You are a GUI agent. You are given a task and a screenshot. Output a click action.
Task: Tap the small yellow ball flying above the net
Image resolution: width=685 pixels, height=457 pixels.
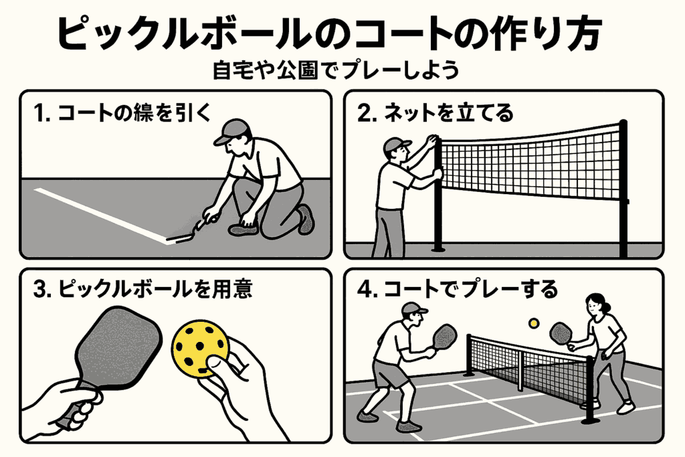(x=533, y=323)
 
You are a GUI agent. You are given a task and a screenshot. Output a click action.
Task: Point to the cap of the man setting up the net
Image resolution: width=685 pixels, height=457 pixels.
(x=395, y=145)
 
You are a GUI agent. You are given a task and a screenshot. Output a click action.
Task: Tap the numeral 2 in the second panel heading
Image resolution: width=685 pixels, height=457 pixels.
(x=364, y=114)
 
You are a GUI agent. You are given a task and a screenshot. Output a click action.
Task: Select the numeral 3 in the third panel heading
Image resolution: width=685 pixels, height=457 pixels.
(x=39, y=290)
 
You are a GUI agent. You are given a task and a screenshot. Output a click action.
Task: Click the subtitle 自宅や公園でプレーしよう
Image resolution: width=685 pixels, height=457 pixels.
(x=336, y=70)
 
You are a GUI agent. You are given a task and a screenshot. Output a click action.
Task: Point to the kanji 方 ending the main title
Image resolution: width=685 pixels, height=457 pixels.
(x=581, y=33)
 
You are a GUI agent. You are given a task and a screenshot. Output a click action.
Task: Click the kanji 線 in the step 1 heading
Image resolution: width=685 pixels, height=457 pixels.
(x=141, y=114)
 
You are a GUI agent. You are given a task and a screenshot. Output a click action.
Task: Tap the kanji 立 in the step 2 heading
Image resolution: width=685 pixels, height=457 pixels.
(x=466, y=114)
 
